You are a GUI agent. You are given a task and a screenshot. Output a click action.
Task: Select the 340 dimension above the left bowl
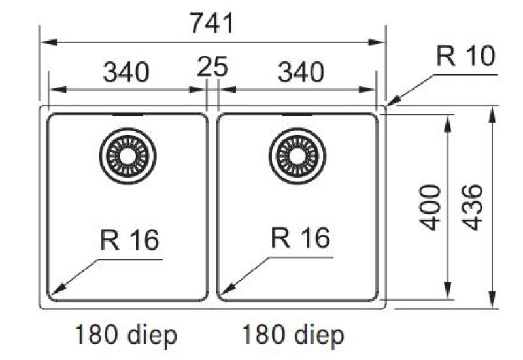tap(126, 72)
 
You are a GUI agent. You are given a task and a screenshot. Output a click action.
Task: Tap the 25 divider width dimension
tap(212, 67)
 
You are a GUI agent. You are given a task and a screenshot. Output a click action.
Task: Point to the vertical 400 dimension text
tap(430, 207)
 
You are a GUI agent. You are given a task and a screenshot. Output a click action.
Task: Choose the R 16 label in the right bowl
tap(300, 239)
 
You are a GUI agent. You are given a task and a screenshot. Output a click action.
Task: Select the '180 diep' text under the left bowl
tap(126, 336)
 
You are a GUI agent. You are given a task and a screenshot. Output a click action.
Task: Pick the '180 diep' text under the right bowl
tap(293, 336)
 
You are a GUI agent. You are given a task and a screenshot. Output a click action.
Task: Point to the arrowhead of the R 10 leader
tap(390, 103)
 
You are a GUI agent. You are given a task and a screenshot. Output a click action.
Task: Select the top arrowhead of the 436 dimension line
tap(492, 112)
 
